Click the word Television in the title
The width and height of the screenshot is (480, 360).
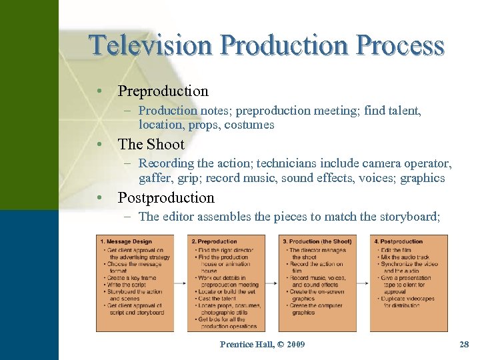tap(151, 45)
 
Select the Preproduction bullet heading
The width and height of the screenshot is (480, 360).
tap(163, 91)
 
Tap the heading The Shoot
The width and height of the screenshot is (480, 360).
tap(151, 145)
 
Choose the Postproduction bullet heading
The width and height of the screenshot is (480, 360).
tap(166, 198)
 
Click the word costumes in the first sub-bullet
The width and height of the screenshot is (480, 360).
tap(249, 125)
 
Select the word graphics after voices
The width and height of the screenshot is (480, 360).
tap(422, 178)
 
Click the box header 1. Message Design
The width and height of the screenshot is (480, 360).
tap(126, 241)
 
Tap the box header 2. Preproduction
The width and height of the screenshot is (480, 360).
tap(214, 241)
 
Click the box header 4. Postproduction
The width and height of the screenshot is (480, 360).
tap(399, 241)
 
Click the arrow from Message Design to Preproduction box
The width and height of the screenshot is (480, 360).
tap(180, 283)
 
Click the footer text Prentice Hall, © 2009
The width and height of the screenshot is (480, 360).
tap(262, 344)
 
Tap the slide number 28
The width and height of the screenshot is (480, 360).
tap(464, 344)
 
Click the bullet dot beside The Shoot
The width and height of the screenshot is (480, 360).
tap(99, 145)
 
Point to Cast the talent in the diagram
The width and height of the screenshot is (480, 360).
tap(217, 299)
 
